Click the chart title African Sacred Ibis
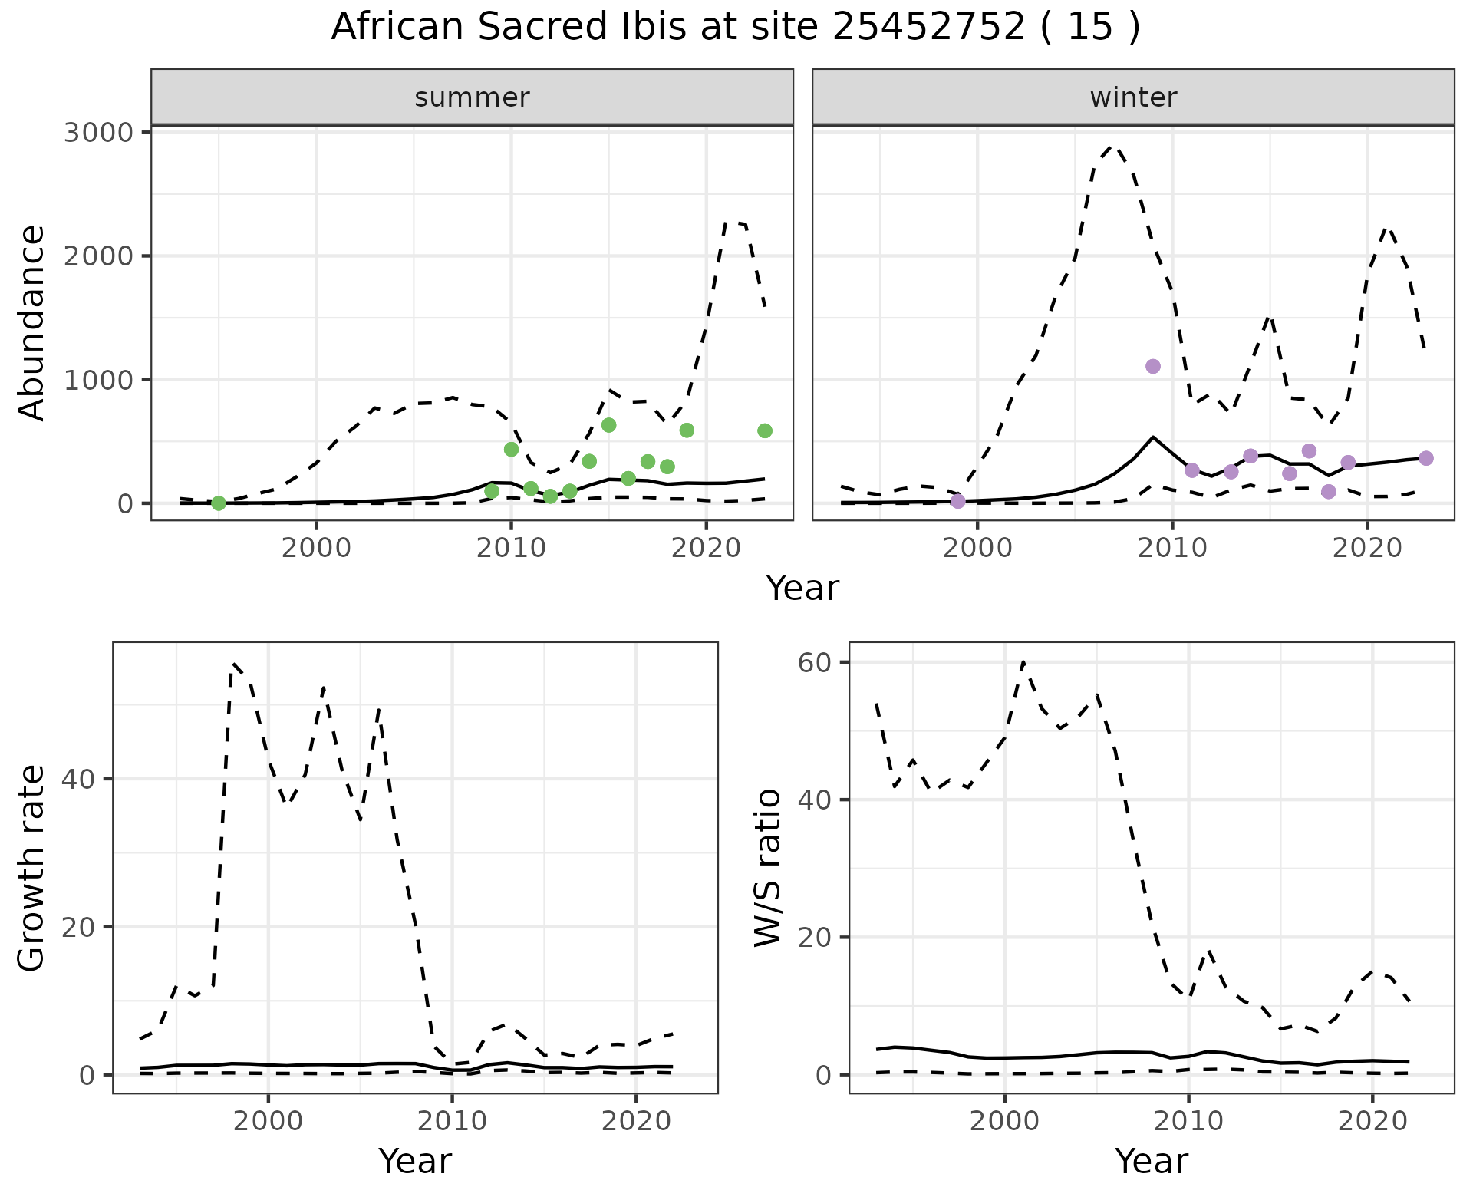(x=735, y=28)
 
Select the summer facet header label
(x=472, y=97)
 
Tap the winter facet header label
(x=1133, y=97)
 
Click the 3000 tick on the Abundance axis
(x=98, y=132)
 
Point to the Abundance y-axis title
(x=32, y=322)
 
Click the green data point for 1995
(x=219, y=503)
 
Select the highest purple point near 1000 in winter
(x=1152, y=366)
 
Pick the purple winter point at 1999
(x=957, y=501)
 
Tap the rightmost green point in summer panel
(x=765, y=431)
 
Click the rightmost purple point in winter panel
(x=1426, y=458)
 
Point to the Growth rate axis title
(x=32, y=867)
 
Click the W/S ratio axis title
(x=767, y=867)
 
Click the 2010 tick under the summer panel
(x=511, y=549)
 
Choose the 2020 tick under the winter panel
(x=1367, y=549)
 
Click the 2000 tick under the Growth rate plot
(x=268, y=1121)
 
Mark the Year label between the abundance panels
(x=802, y=589)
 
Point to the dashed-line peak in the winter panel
(x=1113, y=146)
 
